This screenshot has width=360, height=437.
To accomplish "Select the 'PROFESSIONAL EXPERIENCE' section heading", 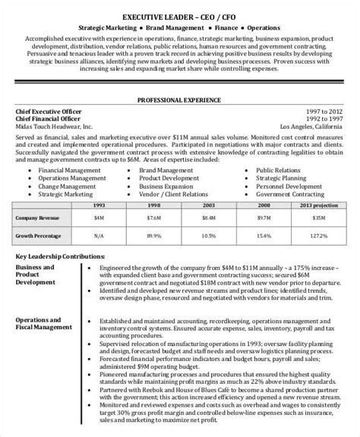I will click(180, 99).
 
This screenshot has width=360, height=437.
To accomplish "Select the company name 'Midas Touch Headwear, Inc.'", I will click(54, 127).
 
